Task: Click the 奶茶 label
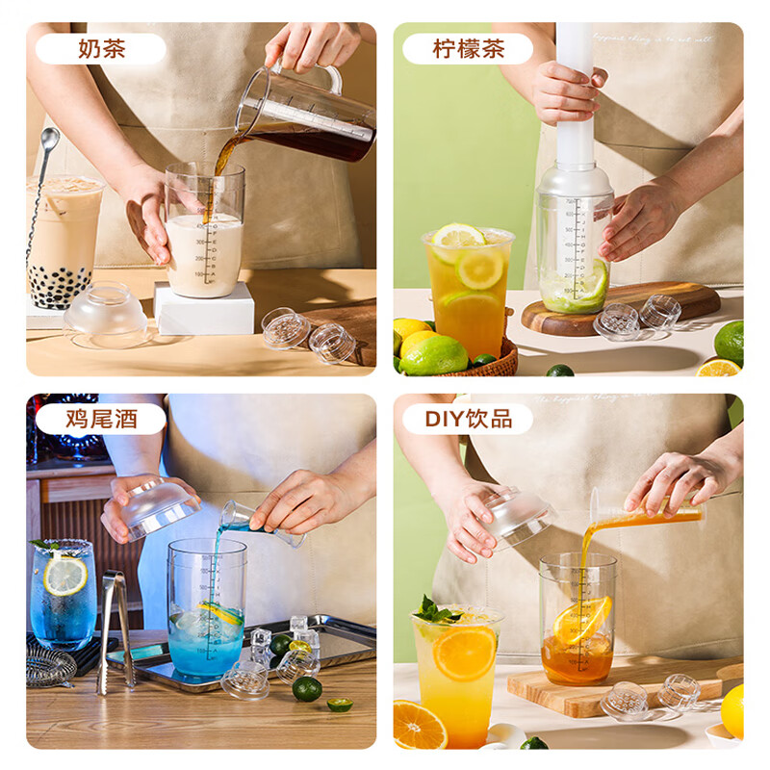[x=101, y=49]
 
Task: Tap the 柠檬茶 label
[x=468, y=49]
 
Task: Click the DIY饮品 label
[x=469, y=419]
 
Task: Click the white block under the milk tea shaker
[x=204, y=312]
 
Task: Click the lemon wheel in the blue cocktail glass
[x=65, y=576]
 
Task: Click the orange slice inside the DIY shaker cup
[x=580, y=620]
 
